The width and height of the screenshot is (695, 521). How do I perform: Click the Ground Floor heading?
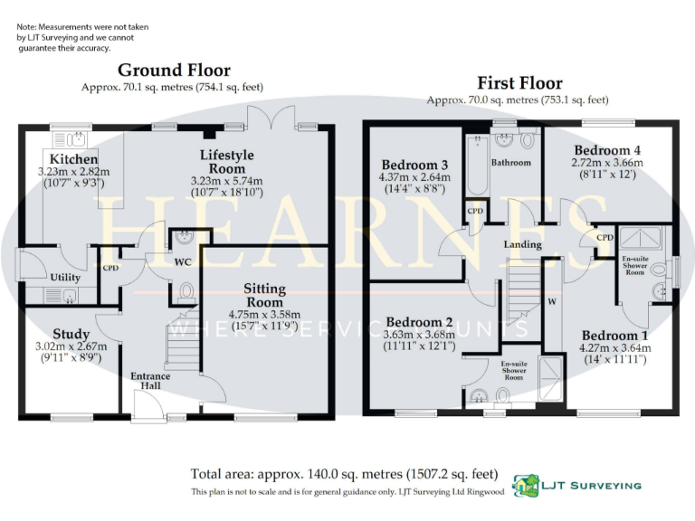[x=174, y=70]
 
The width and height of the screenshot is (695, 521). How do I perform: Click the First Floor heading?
[x=519, y=83]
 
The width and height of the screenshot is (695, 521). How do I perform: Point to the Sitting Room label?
[x=264, y=295]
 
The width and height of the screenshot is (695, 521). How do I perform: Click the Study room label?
[x=71, y=334]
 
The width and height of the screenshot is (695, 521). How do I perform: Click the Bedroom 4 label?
[x=601, y=150]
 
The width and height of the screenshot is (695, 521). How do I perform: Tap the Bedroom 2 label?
[x=418, y=322]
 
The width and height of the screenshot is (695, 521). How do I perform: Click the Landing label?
[x=522, y=244]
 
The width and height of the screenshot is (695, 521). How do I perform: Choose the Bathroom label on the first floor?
[x=510, y=164]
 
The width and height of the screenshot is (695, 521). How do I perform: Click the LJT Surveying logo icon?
[x=524, y=486]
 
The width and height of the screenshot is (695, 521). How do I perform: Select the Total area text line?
[x=344, y=473]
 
